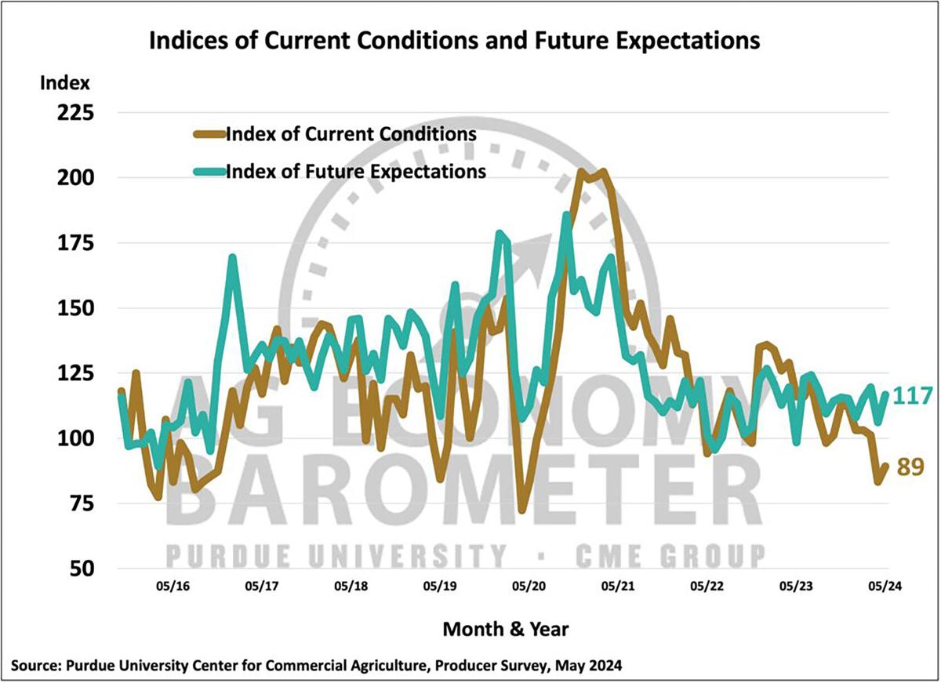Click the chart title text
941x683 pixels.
(x=454, y=40)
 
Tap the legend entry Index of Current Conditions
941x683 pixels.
(x=351, y=133)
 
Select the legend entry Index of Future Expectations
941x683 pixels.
(x=355, y=171)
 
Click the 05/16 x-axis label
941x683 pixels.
(x=174, y=586)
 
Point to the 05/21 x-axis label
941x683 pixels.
(x=618, y=586)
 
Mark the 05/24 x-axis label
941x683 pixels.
(x=884, y=586)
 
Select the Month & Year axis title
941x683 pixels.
(x=506, y=629)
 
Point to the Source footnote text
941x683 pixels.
(x=317, y=667)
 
